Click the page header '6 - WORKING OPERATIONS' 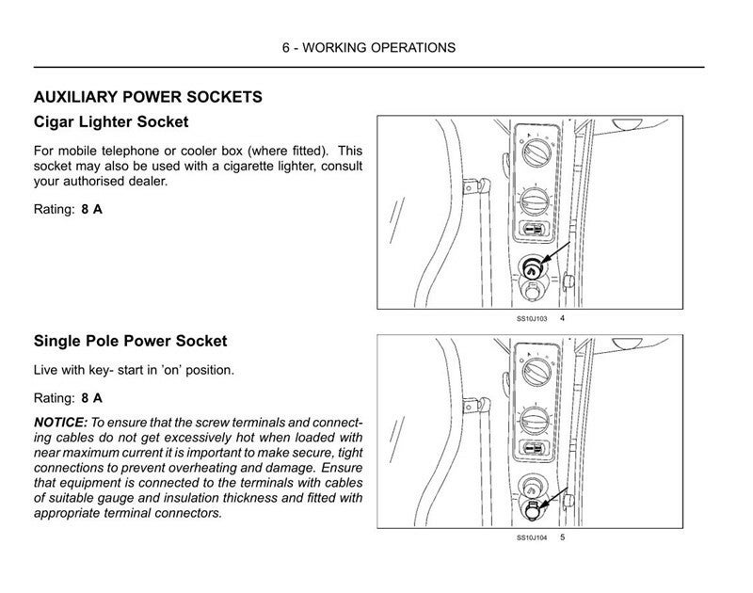tap(368, 47)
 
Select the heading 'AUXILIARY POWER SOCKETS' tap(148, 97)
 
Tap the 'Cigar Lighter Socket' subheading tap(111, 122)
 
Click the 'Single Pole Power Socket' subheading tap(130, 341)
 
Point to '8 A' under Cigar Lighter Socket tap(92, 209)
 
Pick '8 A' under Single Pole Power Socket tap(92, 398)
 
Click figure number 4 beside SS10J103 tap(562, 319)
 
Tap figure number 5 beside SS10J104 tap(562, 537)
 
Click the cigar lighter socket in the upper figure tap(531, 268)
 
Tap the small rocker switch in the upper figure tap(532, 231)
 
